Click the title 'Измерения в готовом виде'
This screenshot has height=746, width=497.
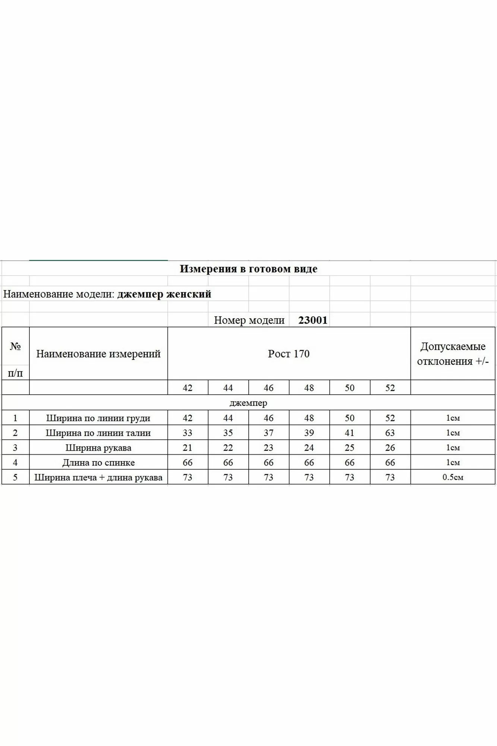[x=248, y=269]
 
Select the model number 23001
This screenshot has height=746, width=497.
[x=313, y=320]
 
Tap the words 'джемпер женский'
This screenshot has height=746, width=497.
[x=164, y=294]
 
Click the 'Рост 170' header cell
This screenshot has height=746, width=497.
[x=289, y=354]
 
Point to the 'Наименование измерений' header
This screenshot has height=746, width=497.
[x=98, y=354]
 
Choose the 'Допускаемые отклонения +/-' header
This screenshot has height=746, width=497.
[x=453, y=354]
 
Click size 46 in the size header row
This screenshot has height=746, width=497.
[x=268, y=388]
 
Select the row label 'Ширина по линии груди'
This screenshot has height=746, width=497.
[x=98, y=418]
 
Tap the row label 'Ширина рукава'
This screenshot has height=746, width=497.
[x=98, y=448]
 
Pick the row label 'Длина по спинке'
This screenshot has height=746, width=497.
[x=98, y=463]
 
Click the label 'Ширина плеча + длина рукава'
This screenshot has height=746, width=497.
[x=98, y=477]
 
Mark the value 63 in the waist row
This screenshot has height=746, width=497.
[x=390, y=433]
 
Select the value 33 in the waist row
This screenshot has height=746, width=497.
[x=188, y=433]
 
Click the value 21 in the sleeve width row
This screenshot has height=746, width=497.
[x=188, y=448]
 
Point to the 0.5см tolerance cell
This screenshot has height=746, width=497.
[x=453, y=477]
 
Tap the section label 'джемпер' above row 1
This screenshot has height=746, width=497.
[x=248, y=403]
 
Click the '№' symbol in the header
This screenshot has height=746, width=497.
[x=15, y=347]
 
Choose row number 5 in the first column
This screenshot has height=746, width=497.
[x=15, y=477]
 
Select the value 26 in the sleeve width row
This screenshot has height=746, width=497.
[x=390, y=448]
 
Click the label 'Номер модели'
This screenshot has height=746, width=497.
[x=249, y=320]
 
